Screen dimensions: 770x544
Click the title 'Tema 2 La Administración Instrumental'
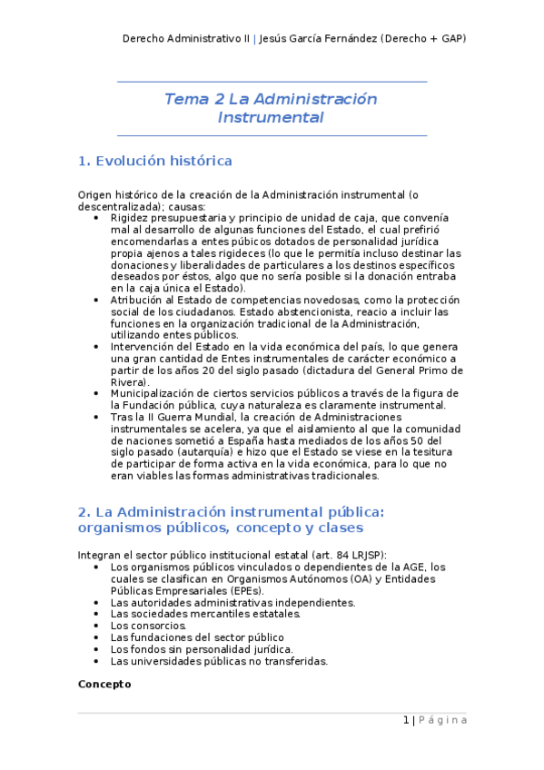(271, 108)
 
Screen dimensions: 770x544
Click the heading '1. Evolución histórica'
(155, 161)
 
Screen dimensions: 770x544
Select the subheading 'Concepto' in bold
(104, 683)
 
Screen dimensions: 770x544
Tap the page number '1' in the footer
(406, 720)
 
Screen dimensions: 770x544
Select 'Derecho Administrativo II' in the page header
(185, 38)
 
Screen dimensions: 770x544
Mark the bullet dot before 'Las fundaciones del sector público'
(98, 637)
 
